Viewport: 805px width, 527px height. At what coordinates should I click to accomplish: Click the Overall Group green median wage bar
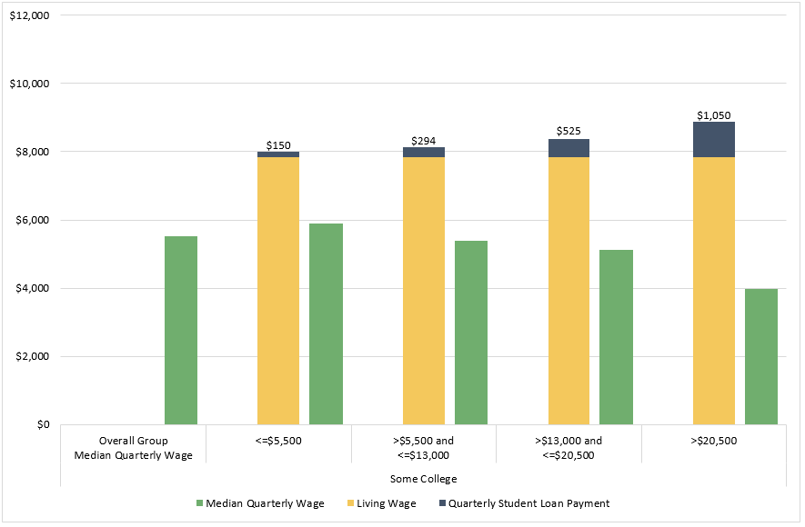[x=181, y=330]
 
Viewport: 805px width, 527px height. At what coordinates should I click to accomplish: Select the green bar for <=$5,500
[x=326, y=323]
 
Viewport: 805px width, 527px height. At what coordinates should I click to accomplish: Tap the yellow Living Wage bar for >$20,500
[x=714, y=291]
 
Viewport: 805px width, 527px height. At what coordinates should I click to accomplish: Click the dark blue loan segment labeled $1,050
[x=714, y=139]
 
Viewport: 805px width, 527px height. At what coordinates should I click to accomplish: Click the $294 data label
[x=424, y=140]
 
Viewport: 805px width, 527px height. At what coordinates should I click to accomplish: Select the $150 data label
[x=278, y=144]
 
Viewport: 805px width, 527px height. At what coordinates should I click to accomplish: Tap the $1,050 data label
[x=714, y=114]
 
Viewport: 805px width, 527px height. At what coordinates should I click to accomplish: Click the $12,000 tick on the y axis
[x=31, y=15]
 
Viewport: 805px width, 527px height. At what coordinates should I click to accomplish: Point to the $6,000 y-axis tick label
[x=34, y=220]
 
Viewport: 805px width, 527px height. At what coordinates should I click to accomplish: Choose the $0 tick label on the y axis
[x=43, y=424]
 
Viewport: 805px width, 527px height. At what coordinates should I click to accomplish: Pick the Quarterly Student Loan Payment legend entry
[x=528, y=503]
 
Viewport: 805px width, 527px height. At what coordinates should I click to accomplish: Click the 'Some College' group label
[x=423, y=478]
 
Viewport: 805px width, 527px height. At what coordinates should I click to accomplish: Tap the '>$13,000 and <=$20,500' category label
[x=569, y=448]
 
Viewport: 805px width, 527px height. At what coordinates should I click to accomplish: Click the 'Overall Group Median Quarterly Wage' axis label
[x=134, y=448]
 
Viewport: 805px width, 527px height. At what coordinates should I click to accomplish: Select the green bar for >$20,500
[x=761, y=356]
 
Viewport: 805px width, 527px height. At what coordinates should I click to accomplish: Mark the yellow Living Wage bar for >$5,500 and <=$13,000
[x=424, y=291]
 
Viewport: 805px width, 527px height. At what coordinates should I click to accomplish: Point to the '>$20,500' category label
[x=713, y=441]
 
